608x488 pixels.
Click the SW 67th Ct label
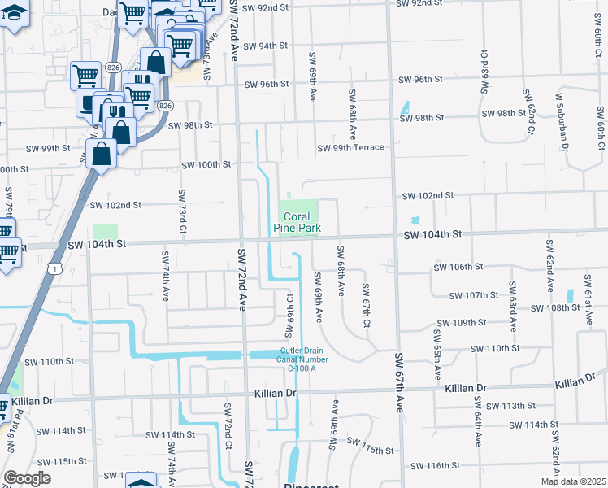[367, 307]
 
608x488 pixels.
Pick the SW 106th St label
[459, 267]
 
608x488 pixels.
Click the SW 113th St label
[511, 406]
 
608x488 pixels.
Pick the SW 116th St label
[436, 466]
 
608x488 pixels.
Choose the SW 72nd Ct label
[228, 436]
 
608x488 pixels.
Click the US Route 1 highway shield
[54, 268]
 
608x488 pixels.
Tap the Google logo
[27, 478]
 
